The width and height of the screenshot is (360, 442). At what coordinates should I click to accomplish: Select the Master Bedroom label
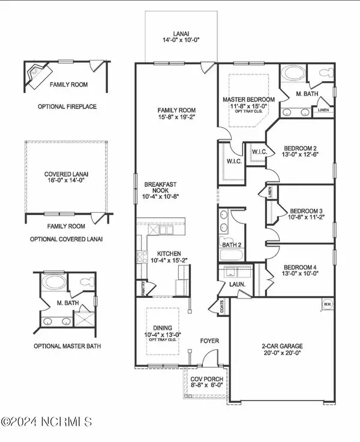pos(248,99)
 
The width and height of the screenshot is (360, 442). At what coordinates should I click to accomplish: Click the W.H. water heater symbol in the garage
pos(327,303)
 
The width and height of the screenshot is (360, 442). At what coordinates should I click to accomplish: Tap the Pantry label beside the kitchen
pos(143,288)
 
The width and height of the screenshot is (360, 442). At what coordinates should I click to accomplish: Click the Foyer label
pos(209,341)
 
